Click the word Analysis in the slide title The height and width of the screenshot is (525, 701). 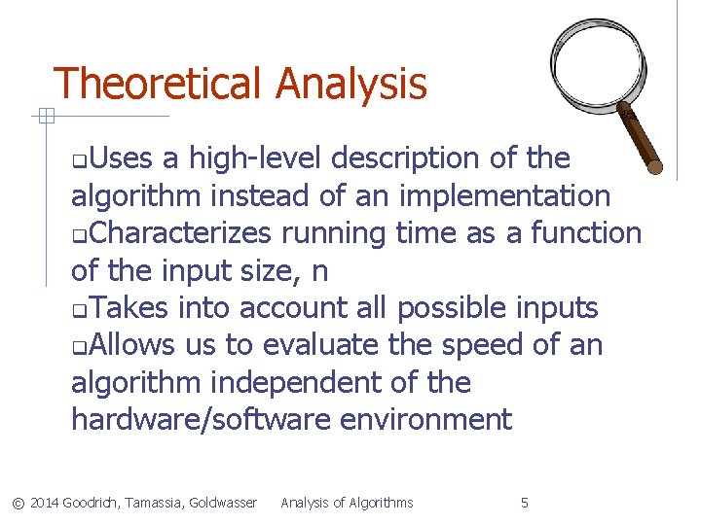click(351, 85)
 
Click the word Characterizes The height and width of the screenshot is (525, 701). click(186, 232)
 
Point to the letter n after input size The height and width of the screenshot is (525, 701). click(320, 270)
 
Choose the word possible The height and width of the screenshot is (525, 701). click(456, 308)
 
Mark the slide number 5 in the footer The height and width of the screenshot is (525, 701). click(525, 503)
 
